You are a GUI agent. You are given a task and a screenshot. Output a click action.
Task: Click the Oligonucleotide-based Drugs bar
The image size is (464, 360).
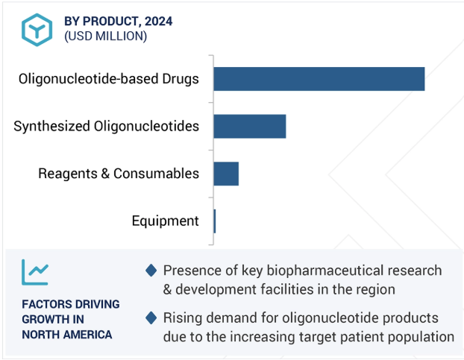click(x=319, y=79)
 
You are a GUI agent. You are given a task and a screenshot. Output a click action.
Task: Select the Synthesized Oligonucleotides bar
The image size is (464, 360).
click(x=250, y=126)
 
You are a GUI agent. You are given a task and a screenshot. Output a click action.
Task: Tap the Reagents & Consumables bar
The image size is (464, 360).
click(x=226, y=174)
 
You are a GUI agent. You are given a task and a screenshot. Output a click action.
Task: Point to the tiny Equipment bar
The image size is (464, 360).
click(x=215, y=221)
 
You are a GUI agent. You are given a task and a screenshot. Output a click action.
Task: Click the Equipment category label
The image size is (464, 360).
click(x=165, y=221)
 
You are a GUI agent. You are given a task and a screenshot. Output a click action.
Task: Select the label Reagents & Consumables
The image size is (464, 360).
click(x=119, y=174)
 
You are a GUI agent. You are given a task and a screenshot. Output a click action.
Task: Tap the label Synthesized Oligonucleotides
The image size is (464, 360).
click(x=106, y=127)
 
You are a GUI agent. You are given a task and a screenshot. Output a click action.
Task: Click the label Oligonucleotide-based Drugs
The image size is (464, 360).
click(x=109, y=79)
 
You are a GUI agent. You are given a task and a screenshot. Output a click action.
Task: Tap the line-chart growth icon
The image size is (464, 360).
click(x=35, y=272)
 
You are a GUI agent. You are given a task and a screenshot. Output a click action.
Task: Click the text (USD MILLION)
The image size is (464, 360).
click(x=106, y=36)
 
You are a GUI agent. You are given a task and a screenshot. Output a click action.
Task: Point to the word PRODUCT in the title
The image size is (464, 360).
click(x=110, y=22)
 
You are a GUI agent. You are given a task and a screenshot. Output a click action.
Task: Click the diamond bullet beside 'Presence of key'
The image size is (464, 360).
click(x=151, y=271)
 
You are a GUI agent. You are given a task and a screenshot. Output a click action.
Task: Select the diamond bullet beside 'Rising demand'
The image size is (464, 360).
click(x=151, y=318)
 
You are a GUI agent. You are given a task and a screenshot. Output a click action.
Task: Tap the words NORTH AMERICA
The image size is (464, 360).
click(x=67, y=335)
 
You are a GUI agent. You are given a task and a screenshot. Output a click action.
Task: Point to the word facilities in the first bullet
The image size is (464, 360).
click(x=287, y=289)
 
